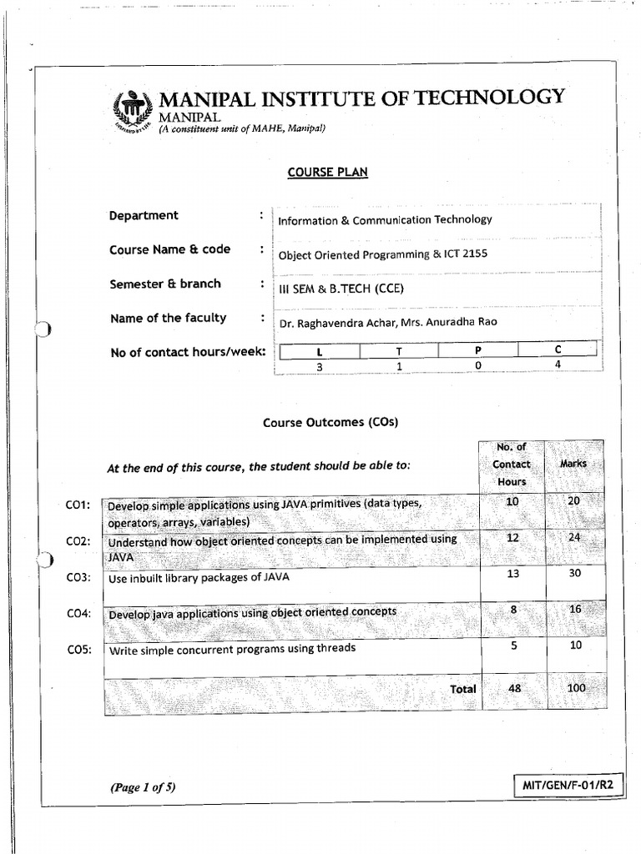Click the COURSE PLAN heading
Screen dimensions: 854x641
point(315,172)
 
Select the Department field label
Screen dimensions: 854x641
point(144,215)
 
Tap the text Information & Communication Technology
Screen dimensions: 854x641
point(385,220)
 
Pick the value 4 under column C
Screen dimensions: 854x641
point(558,364)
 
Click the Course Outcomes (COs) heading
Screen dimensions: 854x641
point(331,422)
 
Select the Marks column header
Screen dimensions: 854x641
point(573,464)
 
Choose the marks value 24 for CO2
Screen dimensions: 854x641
point(574,538)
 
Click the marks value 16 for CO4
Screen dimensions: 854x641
point(574,610)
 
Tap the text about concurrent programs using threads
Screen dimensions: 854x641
point(233,648)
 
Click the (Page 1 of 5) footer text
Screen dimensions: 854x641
point(143,786)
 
